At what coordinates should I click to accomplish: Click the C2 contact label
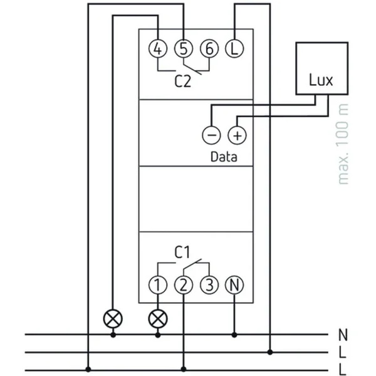point(183,81)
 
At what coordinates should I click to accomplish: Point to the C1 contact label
point(182,252)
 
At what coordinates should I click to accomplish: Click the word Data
point(224,157)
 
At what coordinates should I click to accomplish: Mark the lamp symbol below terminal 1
point(158,319)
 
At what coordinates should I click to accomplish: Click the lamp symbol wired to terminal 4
point(113,319)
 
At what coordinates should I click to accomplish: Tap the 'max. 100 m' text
point(343,144)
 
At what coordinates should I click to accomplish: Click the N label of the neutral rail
point(343,335)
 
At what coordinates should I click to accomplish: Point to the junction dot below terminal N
point(234,335)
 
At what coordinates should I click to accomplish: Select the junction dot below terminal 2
point(184,369)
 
